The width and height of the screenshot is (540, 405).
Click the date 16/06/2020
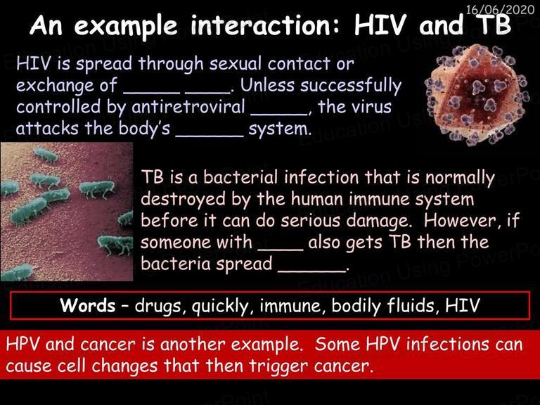pos(500,9)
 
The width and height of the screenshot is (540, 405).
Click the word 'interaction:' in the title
pos(264,25)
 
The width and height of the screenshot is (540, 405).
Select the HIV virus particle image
pos(477,95)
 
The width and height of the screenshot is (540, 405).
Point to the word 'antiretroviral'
pos(188,106)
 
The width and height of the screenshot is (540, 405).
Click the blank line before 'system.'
pos(210,136)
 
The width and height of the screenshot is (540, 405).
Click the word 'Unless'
pos(267,85)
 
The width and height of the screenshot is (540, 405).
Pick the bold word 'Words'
pos(87,305)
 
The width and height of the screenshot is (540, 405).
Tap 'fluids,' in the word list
pos(413,306)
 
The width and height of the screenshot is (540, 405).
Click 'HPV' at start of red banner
pos(23,345)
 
